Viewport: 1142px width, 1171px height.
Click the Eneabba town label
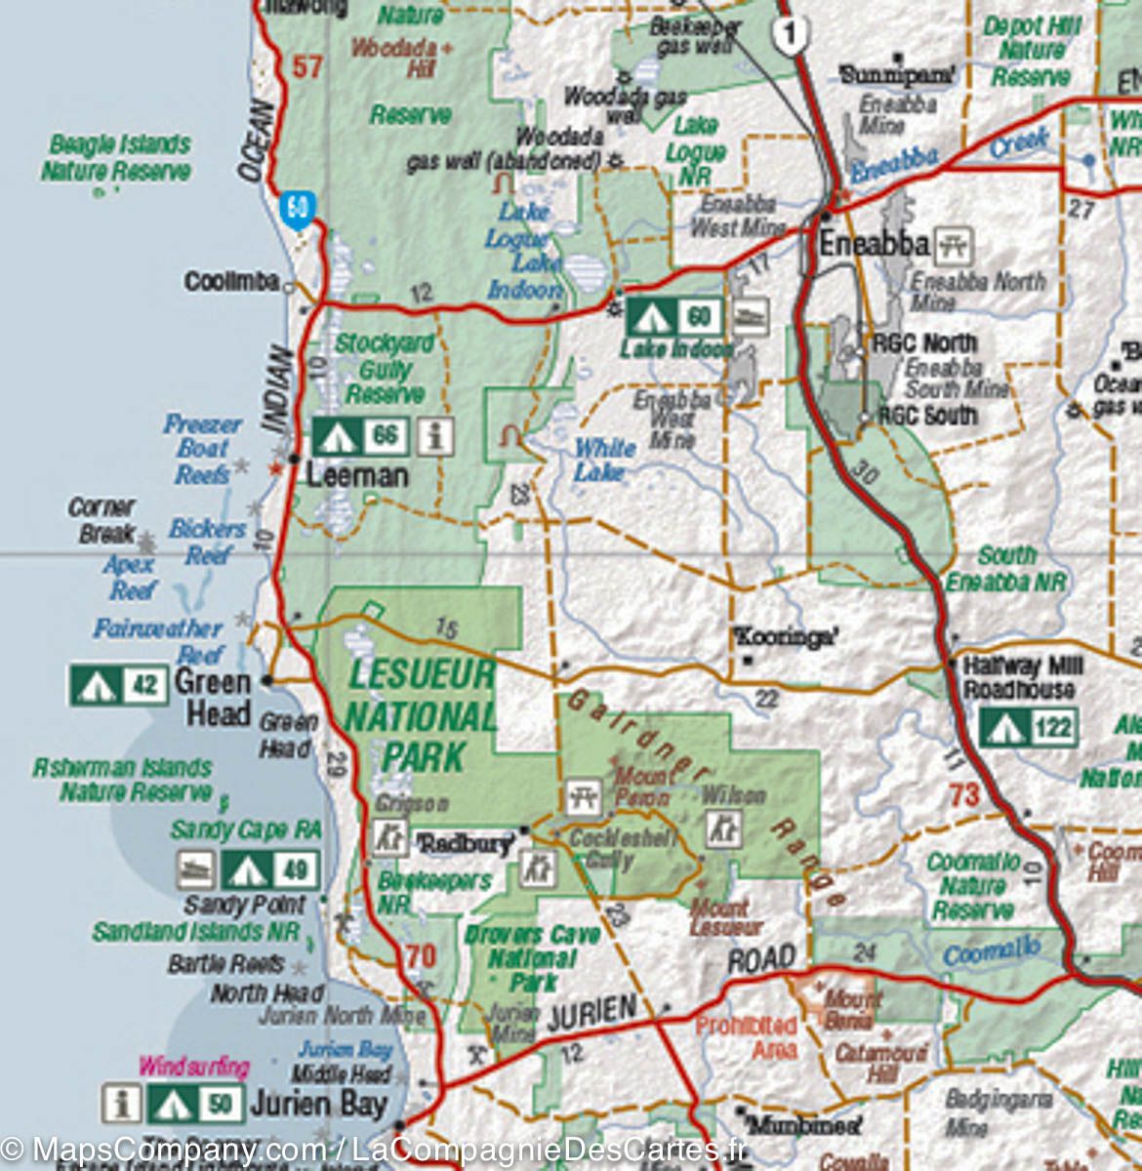tap(873, 244)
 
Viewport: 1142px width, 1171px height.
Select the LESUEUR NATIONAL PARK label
tap(421, 715)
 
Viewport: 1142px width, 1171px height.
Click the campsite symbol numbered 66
tap(359, 436)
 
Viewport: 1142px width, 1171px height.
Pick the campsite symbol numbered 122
tap(1029, 727)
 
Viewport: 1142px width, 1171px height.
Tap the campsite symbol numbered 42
tap(117, 685)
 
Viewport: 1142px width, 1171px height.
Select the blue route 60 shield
tap(298, 208)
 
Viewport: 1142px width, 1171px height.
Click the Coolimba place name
tap(232, 282)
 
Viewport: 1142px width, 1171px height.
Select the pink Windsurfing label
tap(194, 1067)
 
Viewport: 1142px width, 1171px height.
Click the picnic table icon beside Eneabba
tap(954, 246)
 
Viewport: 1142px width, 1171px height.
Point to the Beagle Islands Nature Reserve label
tap(116, 158)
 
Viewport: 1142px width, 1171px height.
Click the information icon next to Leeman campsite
tap(435, 436)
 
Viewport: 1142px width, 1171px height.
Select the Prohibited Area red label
tap(746, 1037)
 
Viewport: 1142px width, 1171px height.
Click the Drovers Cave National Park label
tap(532, 957)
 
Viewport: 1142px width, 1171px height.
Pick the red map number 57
tap(307, 67)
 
